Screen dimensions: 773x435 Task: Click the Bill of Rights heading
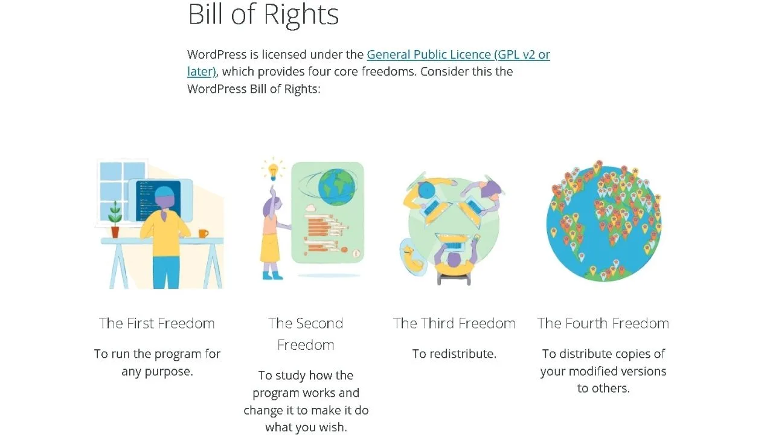pyautogui.click(x=263, y=14)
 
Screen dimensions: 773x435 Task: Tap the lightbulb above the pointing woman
pyautogui.click(x=274, y=171)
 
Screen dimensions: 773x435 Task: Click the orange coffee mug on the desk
pyautogui.click(x=204, y=234)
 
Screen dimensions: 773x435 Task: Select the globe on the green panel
pyautogui.click(x=336, y=187)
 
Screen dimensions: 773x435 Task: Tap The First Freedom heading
pyautogui.click(x=157, y=323)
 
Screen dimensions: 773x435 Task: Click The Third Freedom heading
pyautogui.click(x=454, y=323)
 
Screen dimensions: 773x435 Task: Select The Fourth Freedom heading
pyautogui.click(x=603, y=323)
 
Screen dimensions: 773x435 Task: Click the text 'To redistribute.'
pyautogui.click(x=454, y=354)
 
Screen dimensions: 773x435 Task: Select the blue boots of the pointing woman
pyautogui.click(x=272, y=275)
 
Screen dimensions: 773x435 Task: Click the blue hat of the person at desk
pyautogui.click(x=167, y=192)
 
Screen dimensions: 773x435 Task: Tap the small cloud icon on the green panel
pyautogui.click(x=310, y=208)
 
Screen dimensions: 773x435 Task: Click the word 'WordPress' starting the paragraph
pyautogui.click(x=217, y=54)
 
